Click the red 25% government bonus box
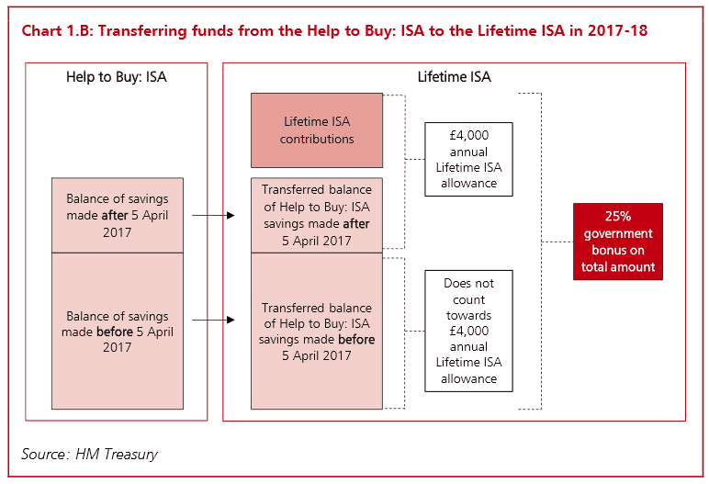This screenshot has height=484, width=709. (x=617, y=242)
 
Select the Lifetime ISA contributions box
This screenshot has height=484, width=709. (x=317, y=130)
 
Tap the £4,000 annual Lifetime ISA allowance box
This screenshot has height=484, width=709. (x=468, y=159)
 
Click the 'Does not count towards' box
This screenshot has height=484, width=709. (x=468, y=332)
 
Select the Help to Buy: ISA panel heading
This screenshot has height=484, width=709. (x=116, y=77)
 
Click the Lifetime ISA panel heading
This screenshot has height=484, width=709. (x=454, y=77)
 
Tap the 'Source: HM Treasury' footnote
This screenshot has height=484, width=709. (x=91, y=454)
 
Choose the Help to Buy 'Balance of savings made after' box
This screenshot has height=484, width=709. (x=118, y=216)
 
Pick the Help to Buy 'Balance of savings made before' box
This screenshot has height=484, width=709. (x=118, y=331)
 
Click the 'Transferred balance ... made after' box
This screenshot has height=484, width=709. (x=317, y=216)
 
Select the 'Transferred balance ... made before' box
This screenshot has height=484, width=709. (x=317, y=332)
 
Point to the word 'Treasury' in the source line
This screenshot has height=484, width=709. (x=131, y=454)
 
